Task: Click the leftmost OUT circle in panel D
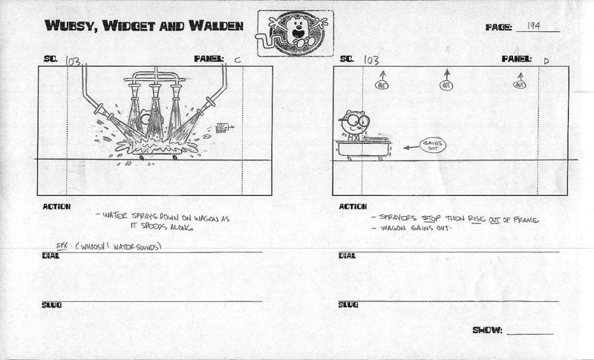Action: tap(382, 86)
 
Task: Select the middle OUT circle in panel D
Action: tap(446, 86)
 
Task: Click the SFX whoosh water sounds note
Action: tap(109, 246)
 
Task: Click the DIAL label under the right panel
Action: tap(347, 255)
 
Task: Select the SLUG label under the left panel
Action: tap(51, 304)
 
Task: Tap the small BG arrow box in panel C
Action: tap(221, 127)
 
